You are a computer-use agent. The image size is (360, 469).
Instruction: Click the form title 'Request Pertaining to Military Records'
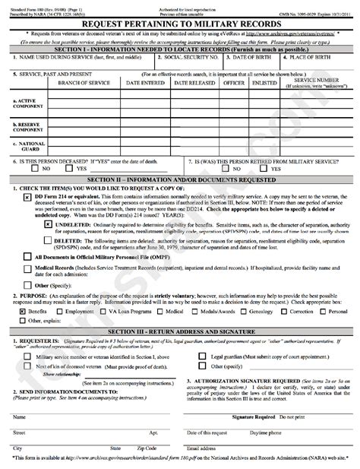pyautogui.click(x=179, y=25)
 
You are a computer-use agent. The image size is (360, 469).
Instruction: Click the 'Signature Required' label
pyautogui.click(x=254, y=417)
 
